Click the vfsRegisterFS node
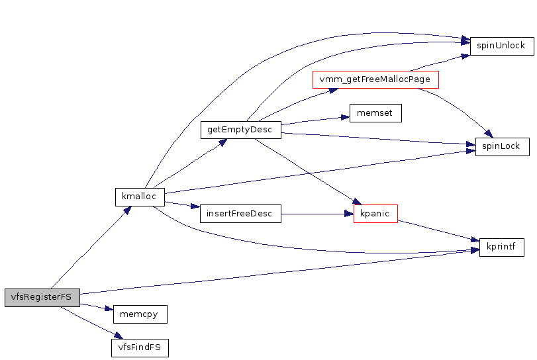(41, 297)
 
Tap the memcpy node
(139, 314)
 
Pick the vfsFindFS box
(139, 347)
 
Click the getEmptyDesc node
(240, 129)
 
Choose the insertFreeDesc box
(240, 213)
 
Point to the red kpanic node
(375, 213)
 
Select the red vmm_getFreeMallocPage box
(375, 79)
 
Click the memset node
(375, 112)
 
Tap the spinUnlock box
(501, 46)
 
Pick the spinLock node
(502, 146)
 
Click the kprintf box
(501, 247)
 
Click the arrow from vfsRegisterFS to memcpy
(93, 306)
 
